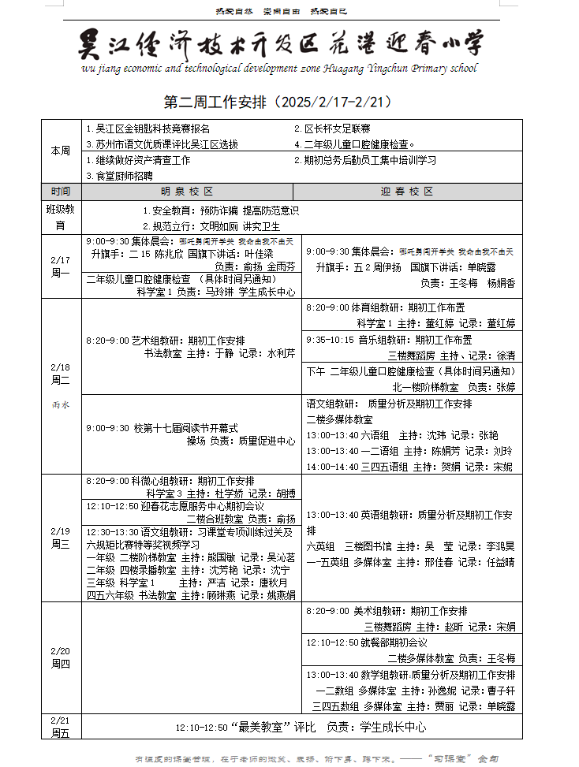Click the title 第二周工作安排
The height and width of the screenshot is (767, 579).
pos(277,102)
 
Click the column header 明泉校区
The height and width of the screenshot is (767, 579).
pos(188,192)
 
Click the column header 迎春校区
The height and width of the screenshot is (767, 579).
pos(407,192)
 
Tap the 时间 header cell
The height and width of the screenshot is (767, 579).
pos(61,192)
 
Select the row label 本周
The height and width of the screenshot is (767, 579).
pos(61,151)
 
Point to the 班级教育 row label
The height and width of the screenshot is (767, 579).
pos(61,218)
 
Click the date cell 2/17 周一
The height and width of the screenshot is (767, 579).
pos(61,266)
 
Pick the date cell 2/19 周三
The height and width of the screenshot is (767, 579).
pos(61,538)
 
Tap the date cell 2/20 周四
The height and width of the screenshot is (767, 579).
pos(61,657)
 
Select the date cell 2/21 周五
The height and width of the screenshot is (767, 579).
pos(61,727)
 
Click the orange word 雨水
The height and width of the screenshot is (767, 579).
pos(61,404)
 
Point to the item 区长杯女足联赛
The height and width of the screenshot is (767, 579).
pos(332,128)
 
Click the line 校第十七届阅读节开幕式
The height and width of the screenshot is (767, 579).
pos(162,428)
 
